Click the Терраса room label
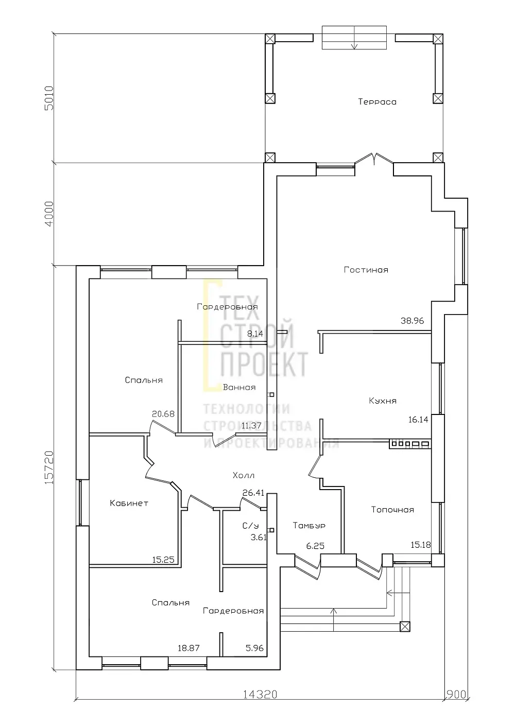(377, 102)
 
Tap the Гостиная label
(366, 270)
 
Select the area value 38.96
(413, 321)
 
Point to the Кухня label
(383, 401)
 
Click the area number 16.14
(418, 420)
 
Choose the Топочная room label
(392, 510)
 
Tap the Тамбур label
(309, 526)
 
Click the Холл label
(244, 476)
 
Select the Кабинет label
(129, 503)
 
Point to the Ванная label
(239, 387)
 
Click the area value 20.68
(163, 414)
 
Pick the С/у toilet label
(251, 526)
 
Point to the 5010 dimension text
(49, 98)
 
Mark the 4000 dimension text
(49, 214)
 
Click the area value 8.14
(255, 334)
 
